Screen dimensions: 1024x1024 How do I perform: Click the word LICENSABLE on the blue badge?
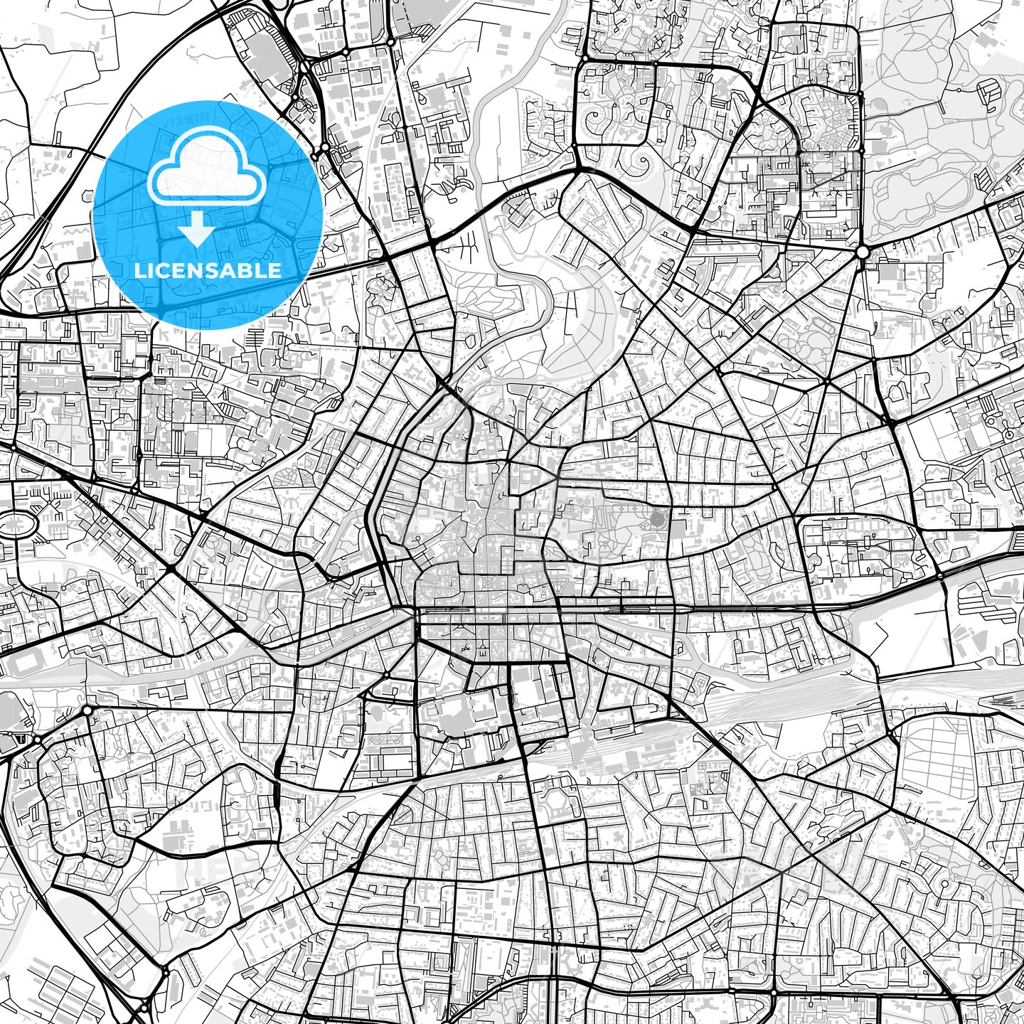208,270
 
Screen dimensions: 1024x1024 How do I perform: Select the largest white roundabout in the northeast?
862,252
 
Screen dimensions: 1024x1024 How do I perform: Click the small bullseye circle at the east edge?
1008,433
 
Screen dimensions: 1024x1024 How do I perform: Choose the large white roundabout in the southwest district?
87,710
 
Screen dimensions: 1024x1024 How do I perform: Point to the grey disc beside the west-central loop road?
333,570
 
